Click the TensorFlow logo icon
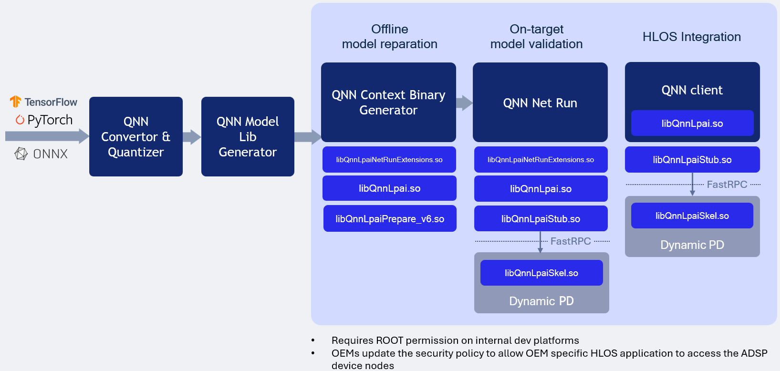coord(15,102)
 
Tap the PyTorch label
coord(50,120)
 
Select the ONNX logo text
coord(50,154)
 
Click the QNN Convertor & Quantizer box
coord(136,137)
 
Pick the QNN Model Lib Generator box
coord(248,137)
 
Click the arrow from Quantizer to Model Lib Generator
coord(192,137)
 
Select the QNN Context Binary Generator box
coord(388,103)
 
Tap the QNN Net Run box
coord(540,103)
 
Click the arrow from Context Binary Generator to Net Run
coord(464,103)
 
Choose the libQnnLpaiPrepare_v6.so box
coord(390,219)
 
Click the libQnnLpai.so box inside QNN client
coord(692,124)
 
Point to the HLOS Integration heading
coord(691,37)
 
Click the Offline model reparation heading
coord(389,37)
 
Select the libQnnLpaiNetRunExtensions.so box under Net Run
coord(541,160)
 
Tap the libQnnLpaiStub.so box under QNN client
coord(692,160)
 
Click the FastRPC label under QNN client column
coord(727,185)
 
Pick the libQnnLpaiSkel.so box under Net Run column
coord(541,273)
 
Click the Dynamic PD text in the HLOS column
coord(692,245)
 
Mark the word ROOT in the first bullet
coord(389,340)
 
